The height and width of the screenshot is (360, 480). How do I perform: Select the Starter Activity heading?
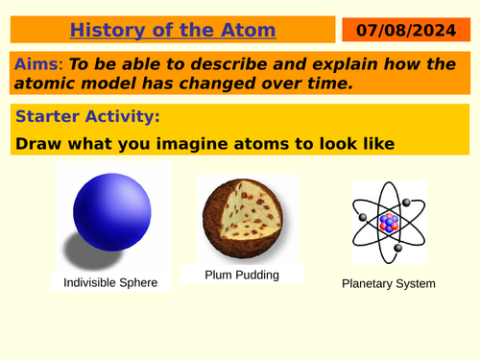click(x=87, y=118)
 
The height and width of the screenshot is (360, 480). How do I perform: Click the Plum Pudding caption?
click(x=242, y=276)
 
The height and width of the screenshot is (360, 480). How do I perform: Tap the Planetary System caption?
click(x=389, y=284)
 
